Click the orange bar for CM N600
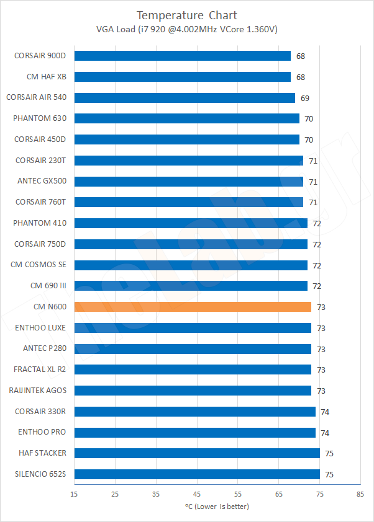click(x=192, y=307)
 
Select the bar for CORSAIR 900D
click(x=182, y=56)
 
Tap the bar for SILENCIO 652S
click(x=196, y=474)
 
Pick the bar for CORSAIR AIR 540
click(x=184, y=98)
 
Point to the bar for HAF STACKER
click(x=196, y=453)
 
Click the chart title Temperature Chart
click(x=186, y=15)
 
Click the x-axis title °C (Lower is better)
click(x=216, y=507)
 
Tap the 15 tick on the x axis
click(x=74, y=494)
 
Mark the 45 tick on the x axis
click(x=197, y=494)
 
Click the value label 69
click(x=304, y=98)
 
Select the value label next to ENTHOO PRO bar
click(x=325, y=432)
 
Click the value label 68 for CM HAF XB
click(x=300, y=77)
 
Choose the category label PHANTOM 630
click(x=40, y=118)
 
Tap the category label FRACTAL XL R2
click(x=40, y=369)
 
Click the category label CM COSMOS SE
click(x=39, y=265)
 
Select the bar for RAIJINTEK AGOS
click(x=192, y=391)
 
